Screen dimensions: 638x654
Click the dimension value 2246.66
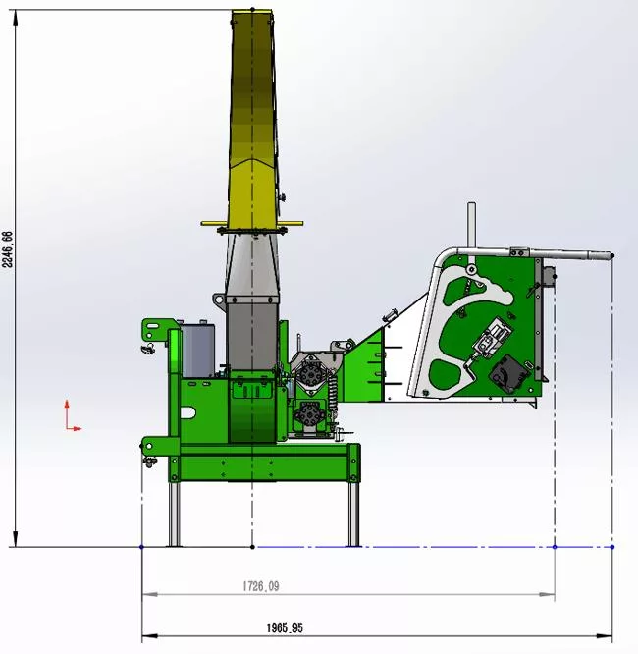point(8,249)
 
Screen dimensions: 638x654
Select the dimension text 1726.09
point(261,586)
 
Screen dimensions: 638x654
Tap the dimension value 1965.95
point(285,627)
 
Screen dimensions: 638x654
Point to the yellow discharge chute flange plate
point(252,224)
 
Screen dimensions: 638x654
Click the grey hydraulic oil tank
point(198,351)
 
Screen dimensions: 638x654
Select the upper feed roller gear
point(310,374)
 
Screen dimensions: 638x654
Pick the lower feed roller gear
point(309,413)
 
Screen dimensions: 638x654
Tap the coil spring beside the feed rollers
point(333,399)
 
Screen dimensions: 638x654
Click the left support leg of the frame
point(175,514)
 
